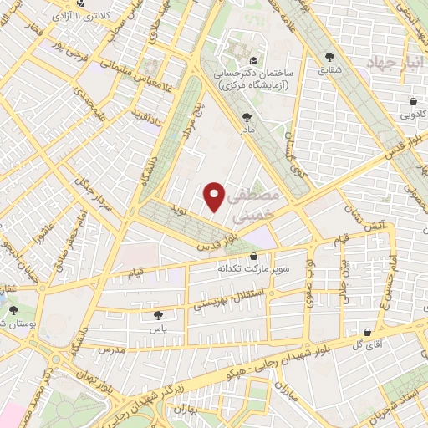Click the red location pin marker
[x=215, y=196]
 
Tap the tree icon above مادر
[x=247, y=118]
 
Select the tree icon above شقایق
[x=328, y=58]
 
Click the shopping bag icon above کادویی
[x=414, y=102]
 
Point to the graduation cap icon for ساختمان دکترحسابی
[x=252, y=60]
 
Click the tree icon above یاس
[x=158, y=315]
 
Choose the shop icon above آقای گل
[x=366, y=331]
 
